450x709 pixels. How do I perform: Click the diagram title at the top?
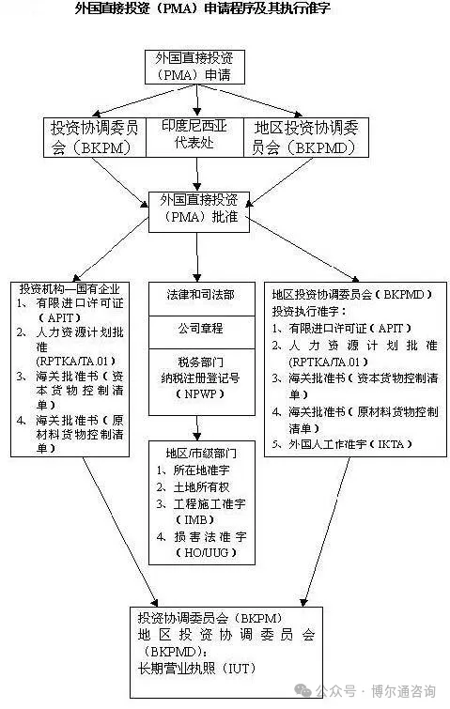click(x=202, y=8)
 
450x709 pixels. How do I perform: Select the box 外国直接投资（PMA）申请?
click(x=194, y=67)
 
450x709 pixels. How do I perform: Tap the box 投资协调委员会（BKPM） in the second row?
click(x=95, y=137)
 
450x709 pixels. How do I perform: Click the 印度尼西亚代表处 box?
click(x=194, y=137)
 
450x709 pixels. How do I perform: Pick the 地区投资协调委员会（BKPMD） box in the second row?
click(x=306, y=137)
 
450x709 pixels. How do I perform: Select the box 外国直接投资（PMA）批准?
click(x=199, y=212)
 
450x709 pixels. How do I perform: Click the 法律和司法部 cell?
click(x=202, y=299)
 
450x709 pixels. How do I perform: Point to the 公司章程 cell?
click(x=202, y=332)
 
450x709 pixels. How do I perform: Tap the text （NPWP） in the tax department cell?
click(x=200, y=393)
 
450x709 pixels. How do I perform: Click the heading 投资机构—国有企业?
click(x=70, y=288)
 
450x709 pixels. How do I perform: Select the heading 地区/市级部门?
click(x=201, y=453)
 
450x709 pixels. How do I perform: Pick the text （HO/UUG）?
click(x=207, y=552)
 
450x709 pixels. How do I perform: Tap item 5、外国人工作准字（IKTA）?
click(x=342, y=444)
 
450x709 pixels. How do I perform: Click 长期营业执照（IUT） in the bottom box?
click(x=196, y=669)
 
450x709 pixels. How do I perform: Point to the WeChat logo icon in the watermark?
click(x=303, y=690)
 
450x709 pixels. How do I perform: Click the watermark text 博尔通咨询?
click(x=403, y=691)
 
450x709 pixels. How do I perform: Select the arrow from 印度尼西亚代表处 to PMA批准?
click(x=196, y=174)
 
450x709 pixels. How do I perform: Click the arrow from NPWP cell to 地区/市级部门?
click(x=196, y=428)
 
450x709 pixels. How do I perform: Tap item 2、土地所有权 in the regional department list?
click(x=194, y=486)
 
